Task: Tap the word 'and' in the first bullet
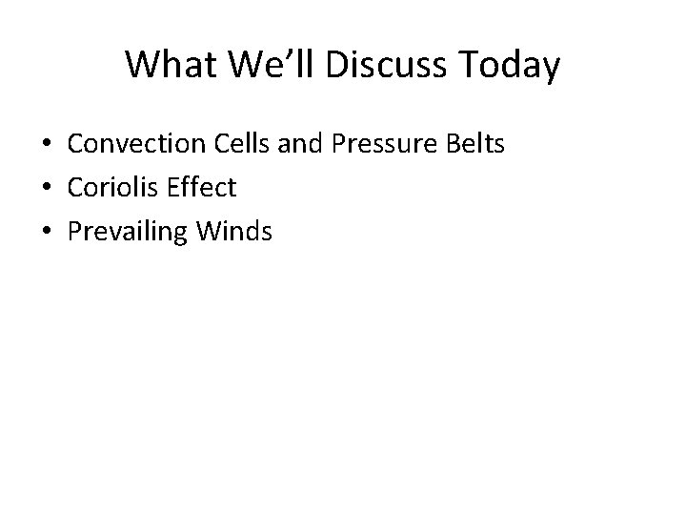tap(292, 145)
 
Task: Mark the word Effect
tap(203, 187)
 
